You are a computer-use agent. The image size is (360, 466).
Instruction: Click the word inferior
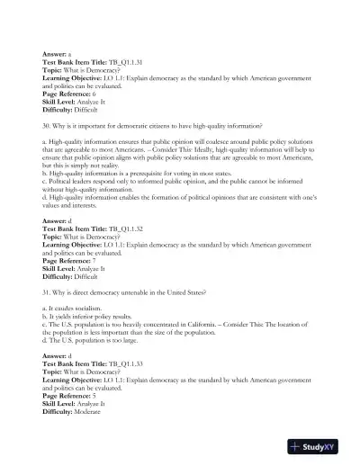[86, 318]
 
